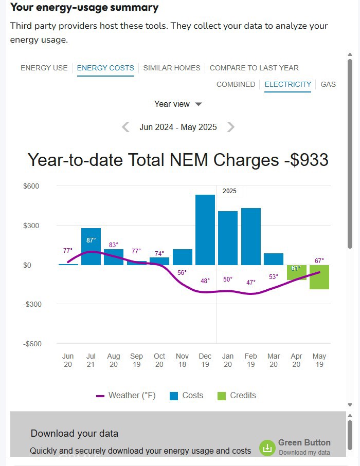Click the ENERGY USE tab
[44, 68]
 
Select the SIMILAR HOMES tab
[172, 68]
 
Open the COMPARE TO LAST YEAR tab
[254, 68]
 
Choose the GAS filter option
[328, 84]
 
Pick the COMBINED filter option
[236, 84]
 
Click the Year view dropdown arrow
[199, 104]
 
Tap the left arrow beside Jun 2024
[125, 127]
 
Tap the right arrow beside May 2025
[231, 127]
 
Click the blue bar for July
[91, 247]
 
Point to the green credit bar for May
[319, 277]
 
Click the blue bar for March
[274, 259]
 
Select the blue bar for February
[251, 236]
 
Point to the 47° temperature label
[251, 283]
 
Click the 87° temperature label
[91, 240]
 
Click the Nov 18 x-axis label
[182, 360]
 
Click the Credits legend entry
[237, 396]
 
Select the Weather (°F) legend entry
[126, 396]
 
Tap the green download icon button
[267, 448]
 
